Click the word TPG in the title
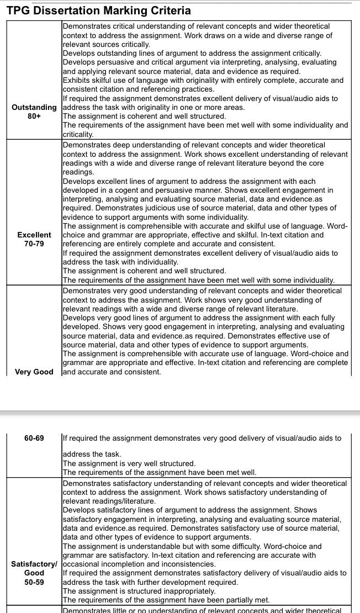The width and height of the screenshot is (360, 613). pos(18,10)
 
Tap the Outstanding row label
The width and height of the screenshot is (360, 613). pos(34,107)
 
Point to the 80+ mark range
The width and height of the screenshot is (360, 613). pos(34,117)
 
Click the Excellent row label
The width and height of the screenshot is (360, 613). pos(34,235)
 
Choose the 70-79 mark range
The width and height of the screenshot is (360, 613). pos(34,244)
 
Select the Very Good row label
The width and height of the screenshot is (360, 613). pos(34,372)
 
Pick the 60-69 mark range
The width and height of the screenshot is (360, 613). pos(34,438)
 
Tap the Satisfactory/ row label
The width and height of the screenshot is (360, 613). pos(34,564)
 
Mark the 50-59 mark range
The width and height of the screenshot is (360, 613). pos(34,582)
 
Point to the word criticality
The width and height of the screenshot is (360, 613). pos(78,134)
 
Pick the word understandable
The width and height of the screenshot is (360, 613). pos(155,546)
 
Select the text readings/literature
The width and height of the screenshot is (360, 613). pos(109,501)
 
